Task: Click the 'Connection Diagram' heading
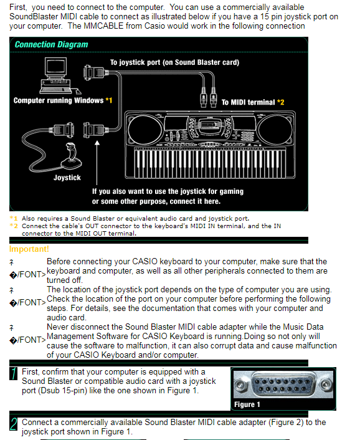pyautogui.click(x=51, y=45)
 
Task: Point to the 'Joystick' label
pyautogui.click(x=67, y=178)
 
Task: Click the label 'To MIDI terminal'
pyautogui.click(x=253, y=102)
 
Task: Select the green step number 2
pyautogui.click(x=13, y=426)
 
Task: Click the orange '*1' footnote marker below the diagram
pyautogui.click(x=14, y=219)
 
